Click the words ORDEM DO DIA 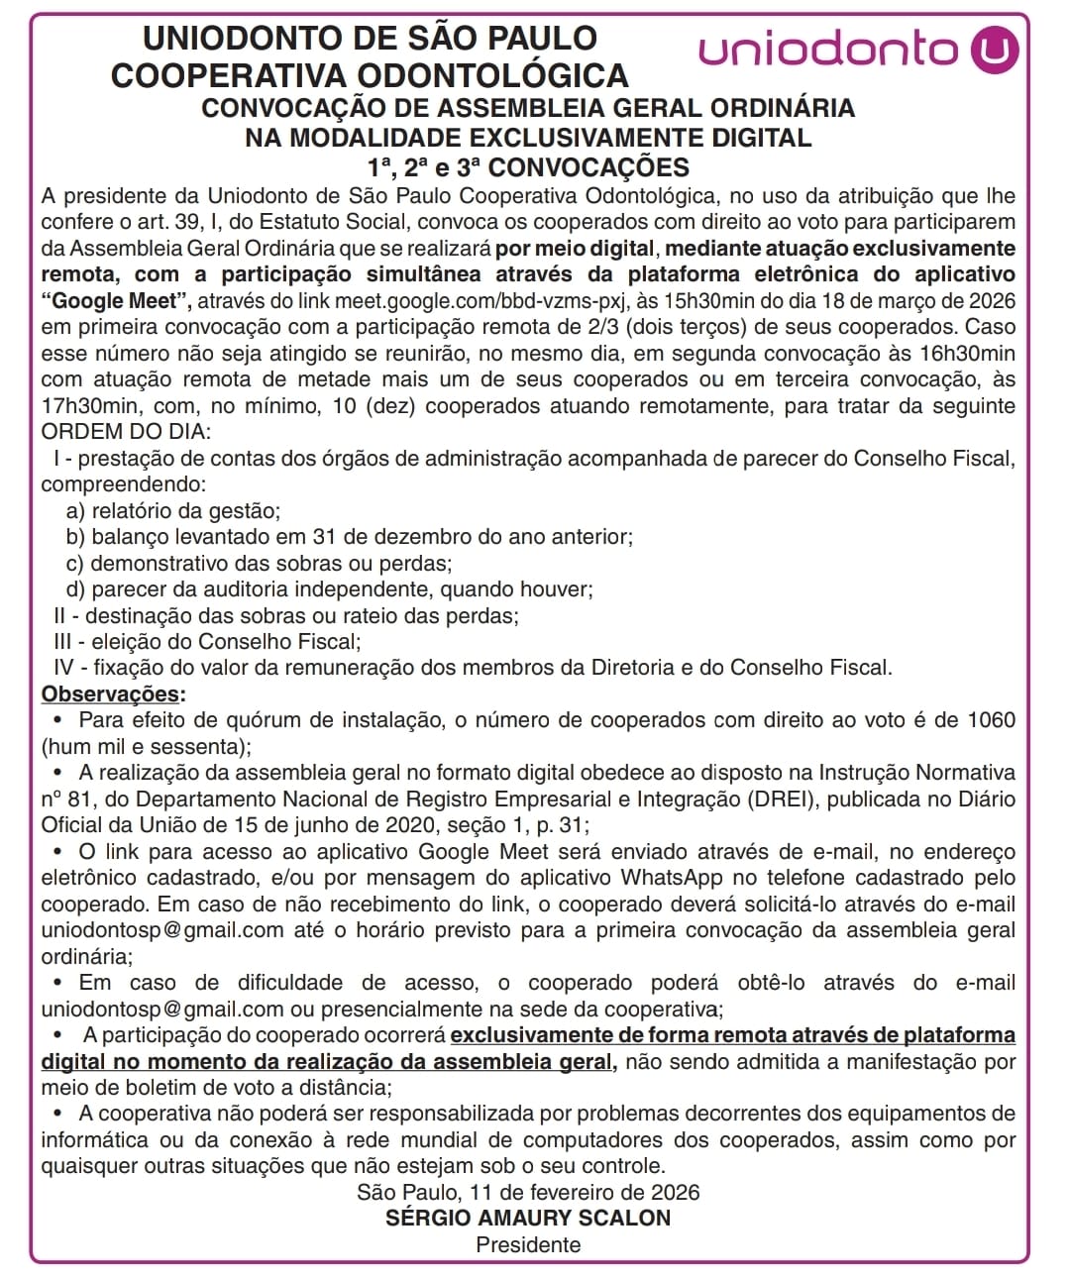point(125,432)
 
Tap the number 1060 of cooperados point(991,720)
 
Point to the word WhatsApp point(672,878)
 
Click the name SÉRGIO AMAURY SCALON point(528,1219)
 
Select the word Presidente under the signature point(528,1245)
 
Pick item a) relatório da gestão point(173,511)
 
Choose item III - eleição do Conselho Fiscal point(207,642)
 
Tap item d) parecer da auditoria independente point(330,589)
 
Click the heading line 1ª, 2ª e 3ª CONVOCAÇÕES point(528,167)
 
